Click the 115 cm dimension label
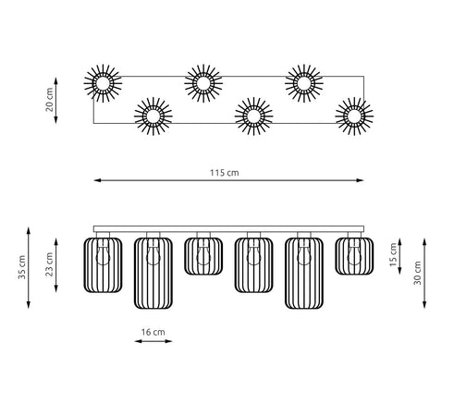tap(225, 173)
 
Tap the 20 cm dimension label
tap(49, 100)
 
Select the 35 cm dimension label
tap(22, 267)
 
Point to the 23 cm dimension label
tap(49, 264)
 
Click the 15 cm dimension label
tap(393, 254)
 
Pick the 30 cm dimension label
tap(417, 273)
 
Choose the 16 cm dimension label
tap(153, 332)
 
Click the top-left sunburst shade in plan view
tap(103, 83)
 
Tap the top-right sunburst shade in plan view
tap(304, 83)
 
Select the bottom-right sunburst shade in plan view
tap(354, 116)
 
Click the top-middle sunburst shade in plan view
tap(203, 83)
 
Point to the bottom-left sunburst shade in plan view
tap(153, 116)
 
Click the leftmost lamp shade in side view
tap(103, 265)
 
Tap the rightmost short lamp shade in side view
tap(354, 256)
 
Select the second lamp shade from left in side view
tap(153, 274)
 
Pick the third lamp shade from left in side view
tap(203, 256)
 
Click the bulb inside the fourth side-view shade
tap(253, 255)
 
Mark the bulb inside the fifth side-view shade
tap(304, 255)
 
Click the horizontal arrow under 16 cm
tap(153, 341)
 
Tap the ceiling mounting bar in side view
tap(228, 229)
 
